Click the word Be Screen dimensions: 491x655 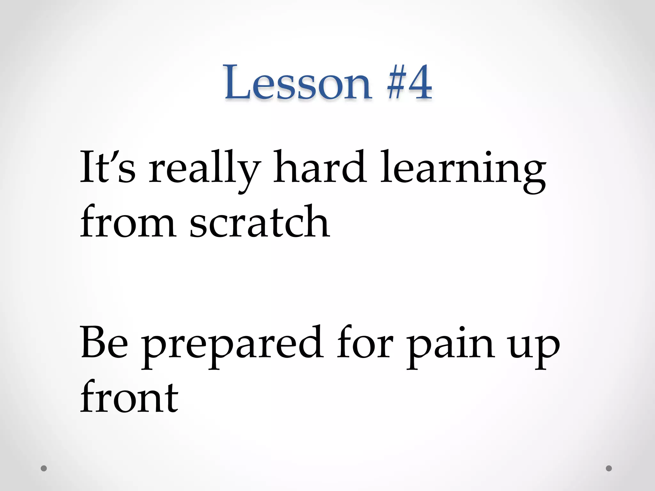(104, 342)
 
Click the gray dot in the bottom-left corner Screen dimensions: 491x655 (44, 468)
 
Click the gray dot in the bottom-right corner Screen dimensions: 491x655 (609, 468)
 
